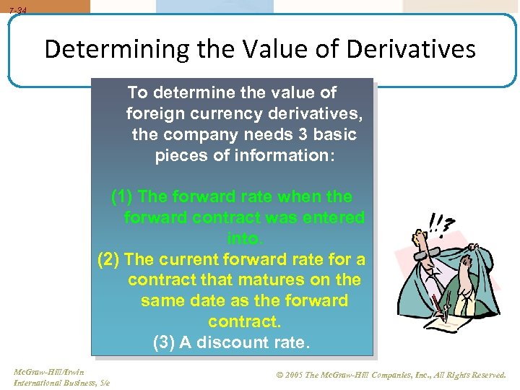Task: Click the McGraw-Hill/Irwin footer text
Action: point(48,372)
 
